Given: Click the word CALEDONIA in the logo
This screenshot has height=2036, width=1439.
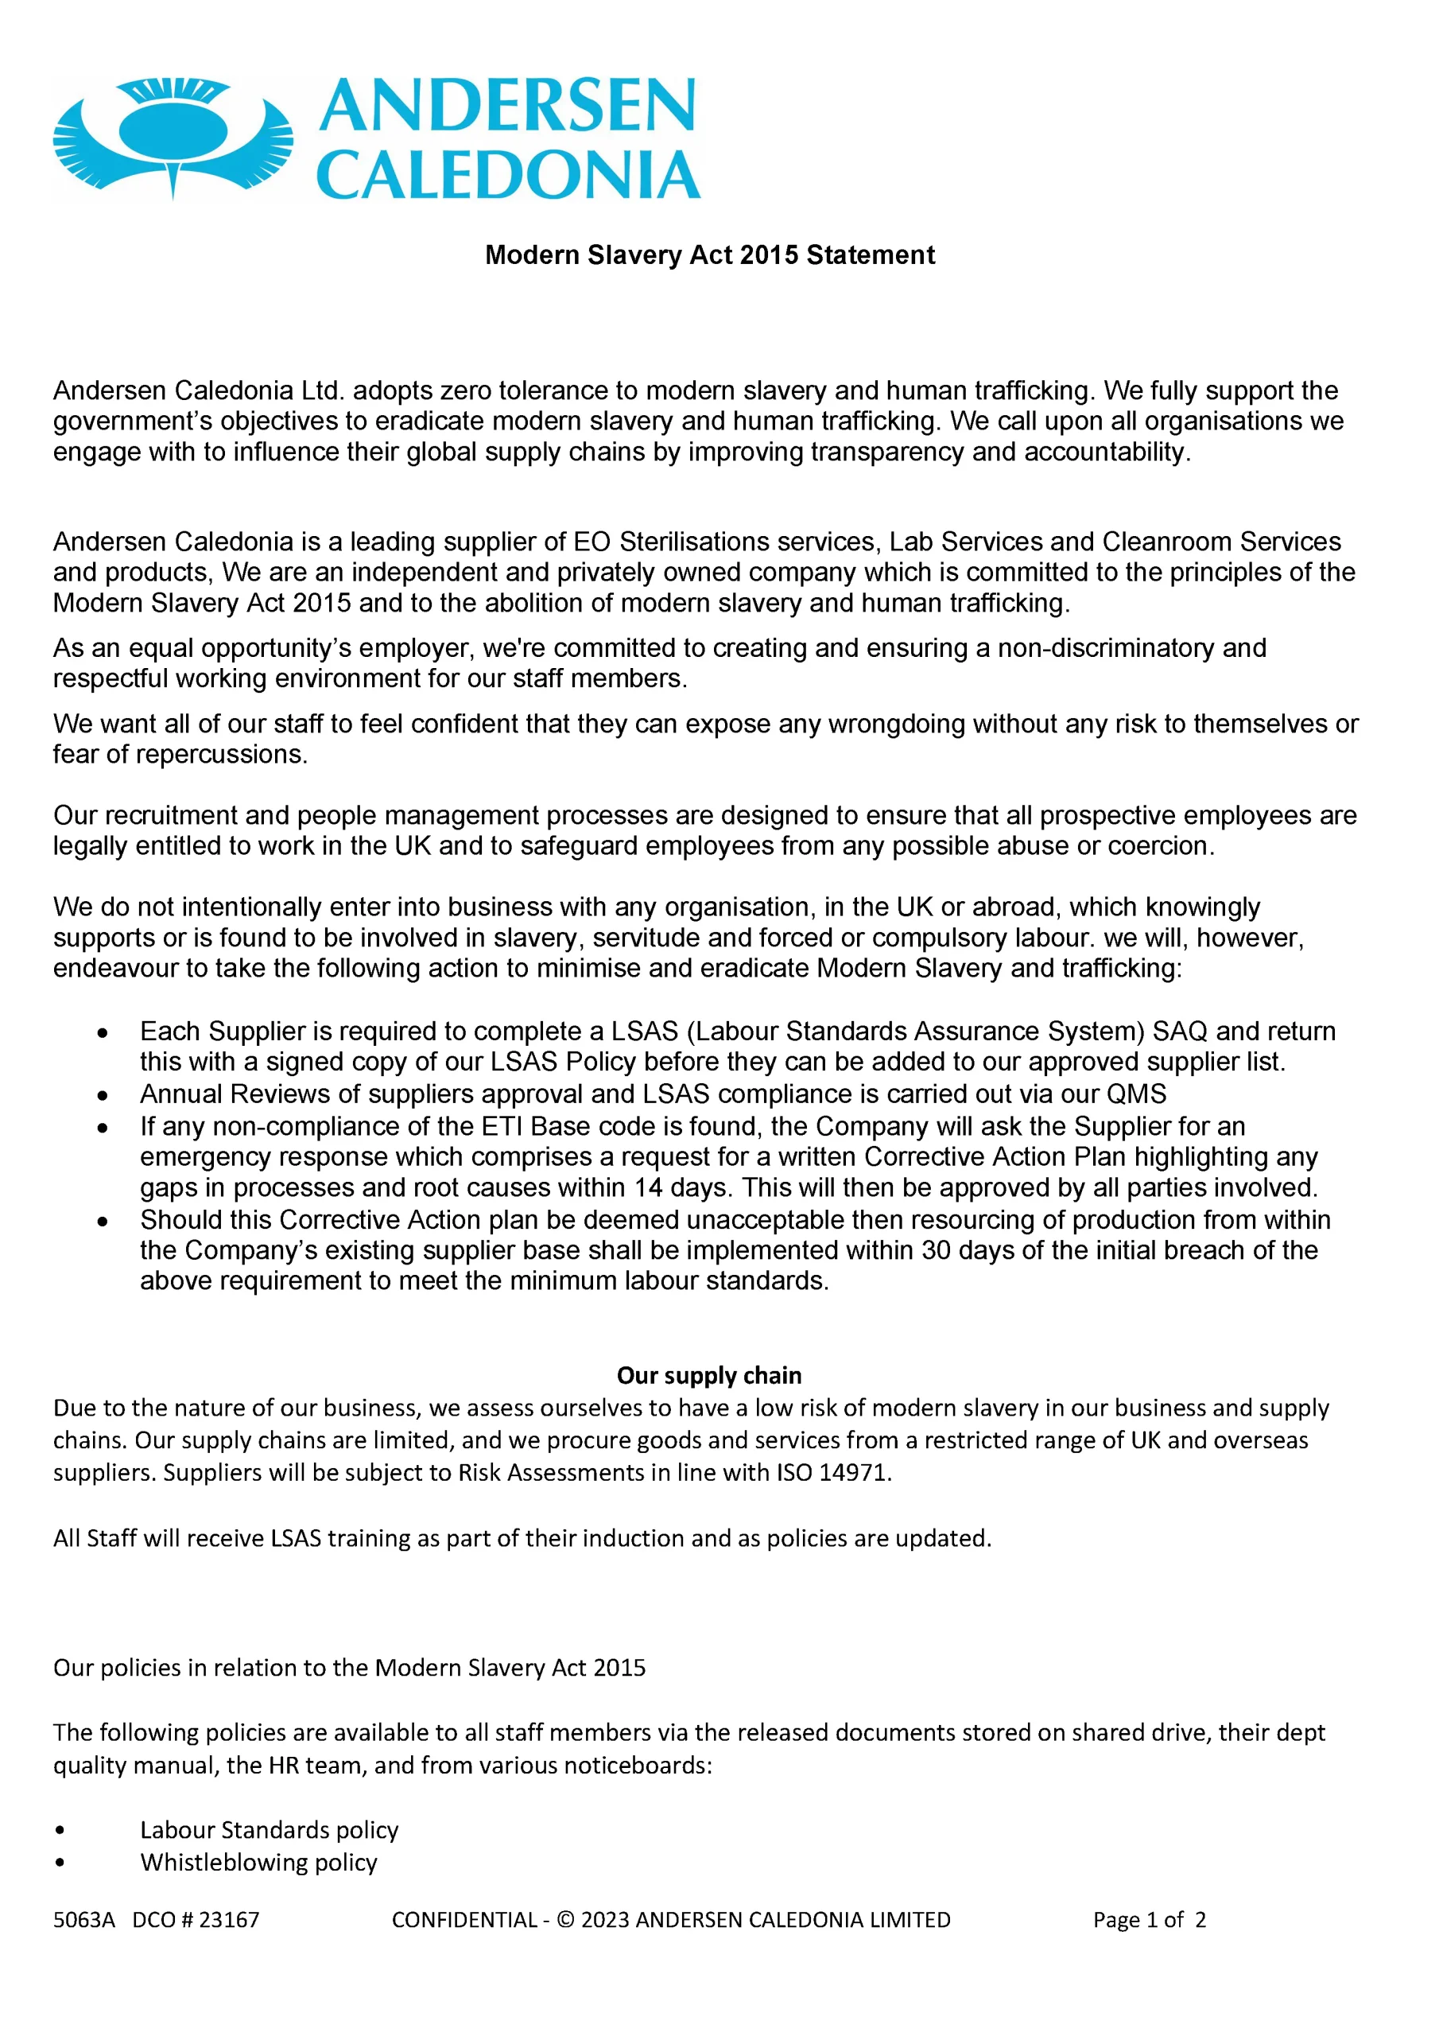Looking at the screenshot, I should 508,175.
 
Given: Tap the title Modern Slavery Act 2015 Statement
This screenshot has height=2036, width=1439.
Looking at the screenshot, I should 709,255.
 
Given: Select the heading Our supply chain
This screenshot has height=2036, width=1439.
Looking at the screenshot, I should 709,1375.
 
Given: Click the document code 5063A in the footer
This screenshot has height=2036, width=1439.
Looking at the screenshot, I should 84,1920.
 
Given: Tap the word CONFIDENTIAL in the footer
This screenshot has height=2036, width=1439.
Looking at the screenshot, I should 464,1920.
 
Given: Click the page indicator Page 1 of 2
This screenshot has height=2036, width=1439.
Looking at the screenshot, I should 1149,1920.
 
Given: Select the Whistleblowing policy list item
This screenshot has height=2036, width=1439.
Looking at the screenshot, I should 258,1862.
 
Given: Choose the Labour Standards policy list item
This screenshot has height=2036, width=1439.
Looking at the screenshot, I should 269,1830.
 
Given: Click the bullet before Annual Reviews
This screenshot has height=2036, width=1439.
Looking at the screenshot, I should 103,1096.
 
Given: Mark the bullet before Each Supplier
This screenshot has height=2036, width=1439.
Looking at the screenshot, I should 103,1033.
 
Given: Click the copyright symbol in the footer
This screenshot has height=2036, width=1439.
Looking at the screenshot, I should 564,1920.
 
